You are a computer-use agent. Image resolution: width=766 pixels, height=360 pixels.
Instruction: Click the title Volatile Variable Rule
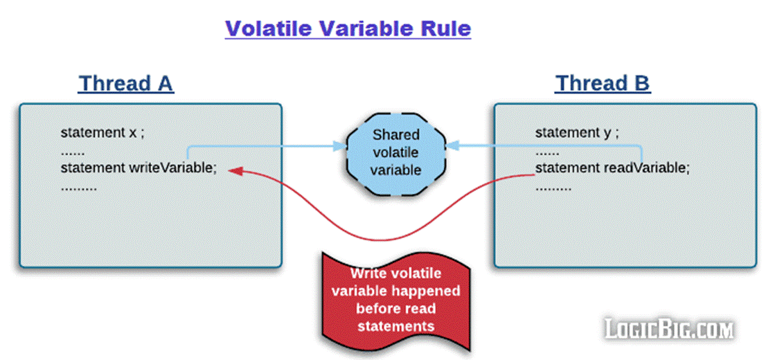(x=348, y=29)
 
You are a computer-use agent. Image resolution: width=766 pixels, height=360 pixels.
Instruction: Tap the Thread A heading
(x=126, y=84)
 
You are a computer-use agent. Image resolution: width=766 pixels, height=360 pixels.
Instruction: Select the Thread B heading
(x=603, y=84)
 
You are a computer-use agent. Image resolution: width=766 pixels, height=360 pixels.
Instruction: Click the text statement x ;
(x=103, y=133)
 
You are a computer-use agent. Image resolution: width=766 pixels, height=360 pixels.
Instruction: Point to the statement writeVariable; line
(x=139, y=168)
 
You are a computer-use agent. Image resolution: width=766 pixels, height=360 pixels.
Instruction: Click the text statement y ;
(x=577, y=133)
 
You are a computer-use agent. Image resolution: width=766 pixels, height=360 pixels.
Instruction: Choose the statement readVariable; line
(x=613, y=168)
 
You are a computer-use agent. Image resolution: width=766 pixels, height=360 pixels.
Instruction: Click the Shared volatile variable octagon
(x=395, y=154)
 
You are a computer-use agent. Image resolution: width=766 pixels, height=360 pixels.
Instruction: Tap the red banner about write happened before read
(x=395, y=300)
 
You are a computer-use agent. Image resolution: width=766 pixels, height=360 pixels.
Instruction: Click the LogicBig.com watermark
(x=669, y=329)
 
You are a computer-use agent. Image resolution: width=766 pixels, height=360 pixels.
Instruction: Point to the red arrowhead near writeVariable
(x=236, y=170)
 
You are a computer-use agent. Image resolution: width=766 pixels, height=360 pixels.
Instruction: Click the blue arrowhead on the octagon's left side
(x=340, y=145)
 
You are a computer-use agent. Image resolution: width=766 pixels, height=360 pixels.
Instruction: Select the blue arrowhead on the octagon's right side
(x=452, y=145)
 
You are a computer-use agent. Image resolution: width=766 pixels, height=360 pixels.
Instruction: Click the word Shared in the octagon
(x=395, y=135)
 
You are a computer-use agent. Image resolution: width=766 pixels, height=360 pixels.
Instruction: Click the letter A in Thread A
(x=165, y=84)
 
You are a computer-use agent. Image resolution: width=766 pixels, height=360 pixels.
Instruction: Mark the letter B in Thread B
(x=641, y=84)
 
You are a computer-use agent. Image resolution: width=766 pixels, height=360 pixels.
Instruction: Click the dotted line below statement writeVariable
(x=79, y=188)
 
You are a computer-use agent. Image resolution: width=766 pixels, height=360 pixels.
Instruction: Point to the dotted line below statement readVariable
(x=553, y=188)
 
